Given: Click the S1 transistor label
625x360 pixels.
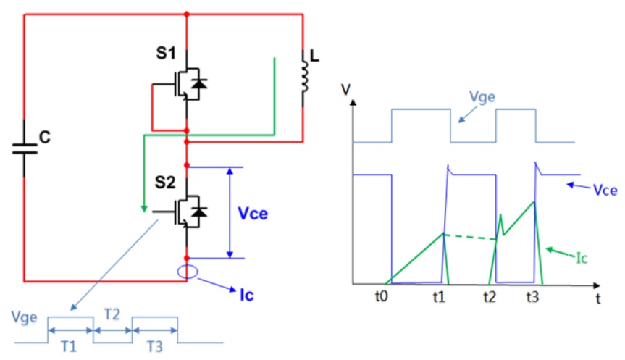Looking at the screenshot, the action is [165, 53].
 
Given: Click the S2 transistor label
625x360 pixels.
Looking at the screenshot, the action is [165, 183].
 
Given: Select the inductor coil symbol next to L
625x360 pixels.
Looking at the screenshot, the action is [304, 76].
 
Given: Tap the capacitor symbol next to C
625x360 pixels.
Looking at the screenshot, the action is [25, 148].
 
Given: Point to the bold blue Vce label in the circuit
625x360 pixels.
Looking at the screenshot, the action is [253, 214].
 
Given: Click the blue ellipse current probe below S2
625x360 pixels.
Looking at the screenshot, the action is [188, 272].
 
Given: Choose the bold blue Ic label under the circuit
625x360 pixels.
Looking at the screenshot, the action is [247, 296].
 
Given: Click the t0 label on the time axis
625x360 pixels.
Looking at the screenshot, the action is [381, 296].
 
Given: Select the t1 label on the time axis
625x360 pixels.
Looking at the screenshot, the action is [439, 296].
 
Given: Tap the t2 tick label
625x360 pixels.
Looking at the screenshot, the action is [490, 296].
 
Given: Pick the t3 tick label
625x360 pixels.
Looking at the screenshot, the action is [532, 296].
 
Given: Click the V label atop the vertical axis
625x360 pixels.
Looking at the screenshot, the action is [345, 90].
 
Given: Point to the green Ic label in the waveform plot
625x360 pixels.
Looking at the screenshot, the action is [582, 259].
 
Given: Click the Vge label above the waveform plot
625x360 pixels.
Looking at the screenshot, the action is [482, 96].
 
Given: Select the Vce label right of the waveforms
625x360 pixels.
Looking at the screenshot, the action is [605, 191].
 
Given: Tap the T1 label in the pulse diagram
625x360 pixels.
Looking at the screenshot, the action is [69, 347].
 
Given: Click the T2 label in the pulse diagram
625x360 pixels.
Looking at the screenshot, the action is [112, 314].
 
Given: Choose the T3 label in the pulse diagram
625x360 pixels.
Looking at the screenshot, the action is [155, 347].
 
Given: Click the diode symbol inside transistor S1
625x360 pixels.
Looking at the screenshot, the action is [199, 84].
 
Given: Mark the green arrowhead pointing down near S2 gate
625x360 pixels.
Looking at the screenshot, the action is [144, 209].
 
